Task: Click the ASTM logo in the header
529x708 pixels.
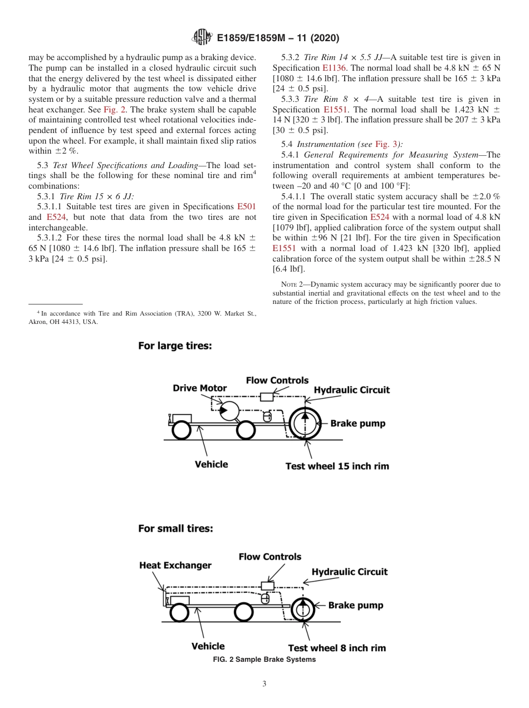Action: click(202, 37)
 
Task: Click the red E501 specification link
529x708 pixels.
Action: click(246, 206)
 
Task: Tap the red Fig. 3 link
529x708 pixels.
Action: click(383, 144)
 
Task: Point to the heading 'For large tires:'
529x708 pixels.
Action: click(175, 346)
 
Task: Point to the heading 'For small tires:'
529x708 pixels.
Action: click(175, 528)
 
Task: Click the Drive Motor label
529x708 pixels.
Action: click(199, 388)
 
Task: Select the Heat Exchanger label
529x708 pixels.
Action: click(175, 566)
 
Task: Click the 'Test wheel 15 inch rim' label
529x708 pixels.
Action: click(337, 466)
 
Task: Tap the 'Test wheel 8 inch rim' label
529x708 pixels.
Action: click(336, 648)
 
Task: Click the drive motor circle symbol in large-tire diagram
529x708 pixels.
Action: click(228, 411)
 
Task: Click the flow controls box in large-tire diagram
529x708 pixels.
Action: click(267, 397)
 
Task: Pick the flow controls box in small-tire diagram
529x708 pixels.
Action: click(267, 586)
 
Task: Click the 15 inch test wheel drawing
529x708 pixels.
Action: click(305, 424)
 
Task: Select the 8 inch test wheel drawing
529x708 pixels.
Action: click(302, 609)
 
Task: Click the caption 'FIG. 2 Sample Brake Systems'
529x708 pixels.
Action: click(264, 660)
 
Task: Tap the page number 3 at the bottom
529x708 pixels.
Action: click(264, 684)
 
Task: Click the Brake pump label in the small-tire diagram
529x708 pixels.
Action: click(355, 605)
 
